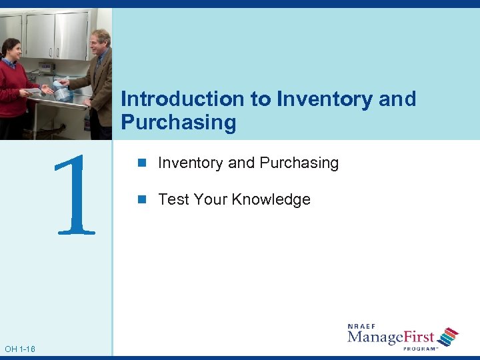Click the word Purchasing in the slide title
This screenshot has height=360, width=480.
click(179, 123)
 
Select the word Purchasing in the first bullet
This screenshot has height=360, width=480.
click(299, 163)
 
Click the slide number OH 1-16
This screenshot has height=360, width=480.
click(20, 349)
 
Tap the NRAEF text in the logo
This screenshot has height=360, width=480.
click(363, 326)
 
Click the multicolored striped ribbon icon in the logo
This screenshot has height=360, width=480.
click(449, 336)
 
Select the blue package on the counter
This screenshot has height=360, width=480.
click(63, 91)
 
